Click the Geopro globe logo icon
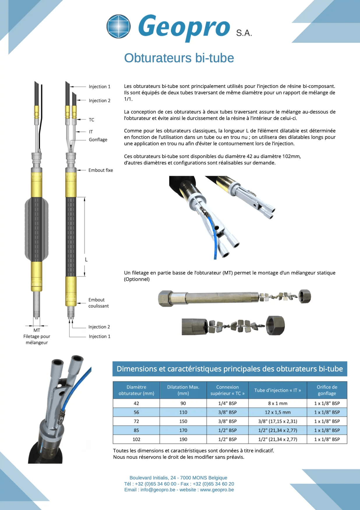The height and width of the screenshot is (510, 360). coord(119,26)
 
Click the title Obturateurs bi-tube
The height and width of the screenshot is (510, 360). coord(179,58)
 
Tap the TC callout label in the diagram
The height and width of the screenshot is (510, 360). coord(91,120)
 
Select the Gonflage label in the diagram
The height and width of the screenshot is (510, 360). coord(98,140)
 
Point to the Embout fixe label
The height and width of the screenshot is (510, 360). coord(100,170)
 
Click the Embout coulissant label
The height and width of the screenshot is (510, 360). coord(98,303)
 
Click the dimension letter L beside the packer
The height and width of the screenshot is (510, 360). coord(86,259)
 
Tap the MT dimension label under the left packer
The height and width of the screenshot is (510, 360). coord(37,330)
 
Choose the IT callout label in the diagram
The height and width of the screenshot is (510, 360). coord(91,132)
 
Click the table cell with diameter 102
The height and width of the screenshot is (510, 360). coord(136,439)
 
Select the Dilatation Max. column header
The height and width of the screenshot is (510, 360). coord(183,390)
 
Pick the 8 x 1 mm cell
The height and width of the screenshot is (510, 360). coord(278,403)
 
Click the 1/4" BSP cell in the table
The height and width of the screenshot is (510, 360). coord(227,403)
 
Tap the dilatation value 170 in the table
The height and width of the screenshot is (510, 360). coord(183,430)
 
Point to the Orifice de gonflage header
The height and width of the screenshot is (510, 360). coord(327,390)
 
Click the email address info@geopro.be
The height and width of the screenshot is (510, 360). coord(158,490)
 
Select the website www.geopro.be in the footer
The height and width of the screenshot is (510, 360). coord(217,490)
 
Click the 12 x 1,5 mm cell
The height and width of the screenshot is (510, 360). coord(278,412)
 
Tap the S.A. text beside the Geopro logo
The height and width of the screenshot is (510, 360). coord(244,33)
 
